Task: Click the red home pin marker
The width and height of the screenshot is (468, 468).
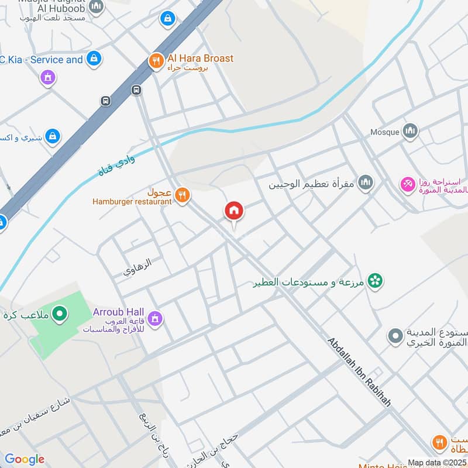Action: click(x=234, y=211)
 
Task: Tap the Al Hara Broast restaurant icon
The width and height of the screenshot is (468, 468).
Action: click(x=155, y=61)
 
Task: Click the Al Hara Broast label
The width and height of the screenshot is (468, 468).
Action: click(x=200, y=58)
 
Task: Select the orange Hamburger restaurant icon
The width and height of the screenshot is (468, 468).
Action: click(x=183, y=195)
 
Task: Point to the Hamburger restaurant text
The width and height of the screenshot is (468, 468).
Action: click(x=132, y=202)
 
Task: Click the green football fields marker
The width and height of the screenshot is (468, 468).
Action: click(x=59, y=315)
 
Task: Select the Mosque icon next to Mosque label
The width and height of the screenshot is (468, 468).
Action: click(x=411, y=131)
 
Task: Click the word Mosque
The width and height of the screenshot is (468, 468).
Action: click(x=385, y=132)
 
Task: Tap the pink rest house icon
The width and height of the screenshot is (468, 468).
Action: click(x=407, y=184)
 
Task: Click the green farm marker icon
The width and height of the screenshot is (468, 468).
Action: click(x=376, y=281)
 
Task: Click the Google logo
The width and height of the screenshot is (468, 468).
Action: click(x=24, y=459)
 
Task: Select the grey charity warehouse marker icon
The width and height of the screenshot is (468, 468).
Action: click(x=395, y=336)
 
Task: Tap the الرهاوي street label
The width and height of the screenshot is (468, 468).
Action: click(x=137, y=268)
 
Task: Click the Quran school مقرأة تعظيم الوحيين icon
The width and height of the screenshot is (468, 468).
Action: click(x=366, y=184)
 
